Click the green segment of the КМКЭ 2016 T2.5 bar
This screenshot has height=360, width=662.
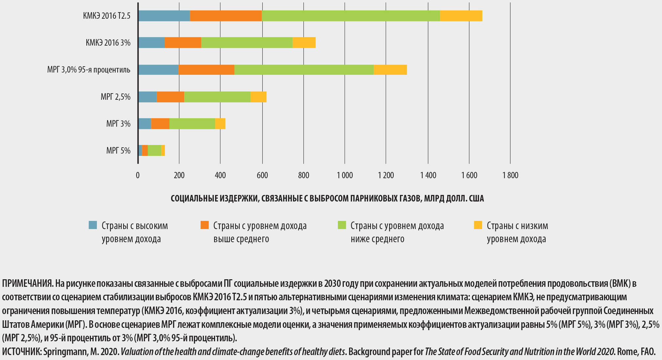pos(351,16)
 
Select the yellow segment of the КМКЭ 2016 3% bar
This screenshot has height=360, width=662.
pos(304,43)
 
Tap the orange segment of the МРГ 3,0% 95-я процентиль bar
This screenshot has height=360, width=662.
pos(206,70)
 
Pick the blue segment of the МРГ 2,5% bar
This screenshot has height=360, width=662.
pos(147,97)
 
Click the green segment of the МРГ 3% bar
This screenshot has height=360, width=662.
pos(192,124)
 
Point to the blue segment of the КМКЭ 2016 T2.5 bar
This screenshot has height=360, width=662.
pos(164,16)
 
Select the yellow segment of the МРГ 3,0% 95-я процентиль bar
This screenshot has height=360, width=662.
pos(390,70)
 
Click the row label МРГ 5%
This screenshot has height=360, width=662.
pos(118,151)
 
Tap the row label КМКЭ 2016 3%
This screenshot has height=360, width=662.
pos(108,43)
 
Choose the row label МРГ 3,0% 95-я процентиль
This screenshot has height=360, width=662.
pos(89,70)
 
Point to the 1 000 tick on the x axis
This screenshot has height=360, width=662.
pos(345,175)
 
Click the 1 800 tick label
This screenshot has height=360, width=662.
pos(510,175)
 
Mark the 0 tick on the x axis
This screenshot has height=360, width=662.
pos(138,175)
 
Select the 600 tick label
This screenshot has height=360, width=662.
pos(262,175)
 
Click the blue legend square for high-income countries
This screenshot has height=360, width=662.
pos(93,225)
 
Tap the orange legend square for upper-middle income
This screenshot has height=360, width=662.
pos(205,225)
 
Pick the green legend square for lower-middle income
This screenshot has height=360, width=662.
pos(342,225)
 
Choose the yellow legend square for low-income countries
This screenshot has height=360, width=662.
pos(478,225)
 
